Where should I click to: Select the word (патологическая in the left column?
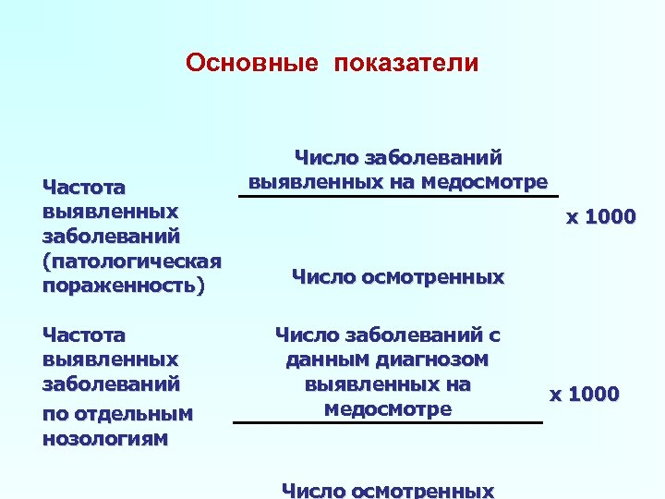[x=134, y=261]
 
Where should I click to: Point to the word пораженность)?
[x=122, y=286]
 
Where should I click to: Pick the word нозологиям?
[x=105, y=437]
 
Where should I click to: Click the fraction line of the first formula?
[x=399, y=196]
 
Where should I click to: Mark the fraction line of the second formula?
[x=388, y=422]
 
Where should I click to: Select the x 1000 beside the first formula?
[x=600, y=217]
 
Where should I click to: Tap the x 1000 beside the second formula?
[x=585, y=395]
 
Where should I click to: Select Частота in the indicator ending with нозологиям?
[x=84, y=335]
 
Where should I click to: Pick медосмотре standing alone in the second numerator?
[x=388, y=408]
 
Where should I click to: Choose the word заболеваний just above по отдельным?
[x=111, y=383]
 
